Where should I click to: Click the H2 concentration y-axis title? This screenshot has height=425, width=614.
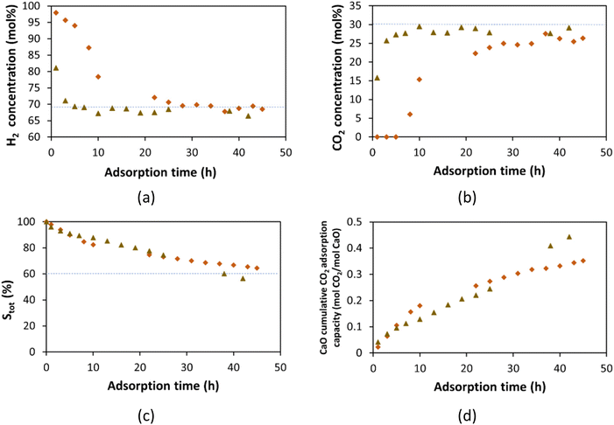click(x=10, y=70)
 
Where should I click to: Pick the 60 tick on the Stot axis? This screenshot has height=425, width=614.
click(x=32, y=274)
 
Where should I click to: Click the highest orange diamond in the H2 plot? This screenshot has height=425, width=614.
click(x=56, y=12)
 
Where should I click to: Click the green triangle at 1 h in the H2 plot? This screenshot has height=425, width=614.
click(x=56, y=67)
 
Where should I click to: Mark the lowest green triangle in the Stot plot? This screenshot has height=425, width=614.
click(x=243, y=278)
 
